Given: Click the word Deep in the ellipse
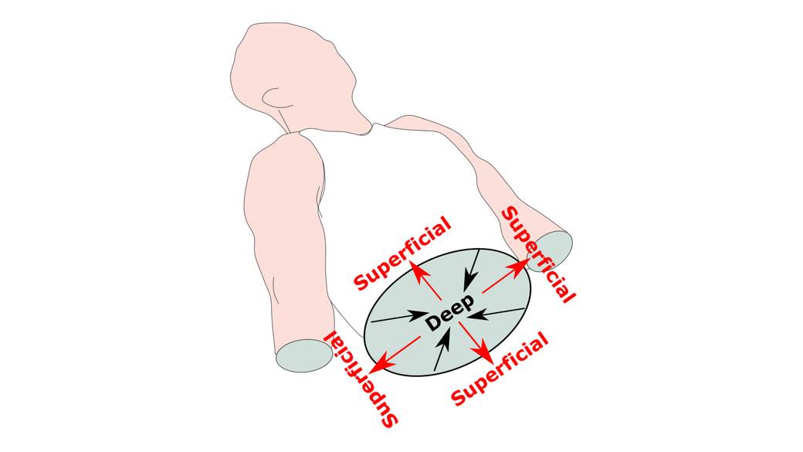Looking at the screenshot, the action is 449,313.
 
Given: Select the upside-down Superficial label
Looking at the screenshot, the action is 361,379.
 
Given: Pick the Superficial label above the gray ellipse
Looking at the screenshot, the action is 402,253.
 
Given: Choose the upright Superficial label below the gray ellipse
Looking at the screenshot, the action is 500,369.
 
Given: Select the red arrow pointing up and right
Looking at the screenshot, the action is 506,276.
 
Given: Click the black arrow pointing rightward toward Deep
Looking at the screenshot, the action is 398,317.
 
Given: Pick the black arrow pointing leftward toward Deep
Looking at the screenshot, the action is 496,313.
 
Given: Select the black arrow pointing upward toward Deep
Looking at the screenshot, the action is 442,349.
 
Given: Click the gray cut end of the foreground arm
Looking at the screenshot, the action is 304,355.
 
